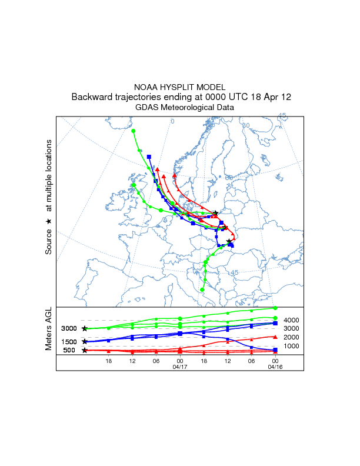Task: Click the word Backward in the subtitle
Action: point(91,97)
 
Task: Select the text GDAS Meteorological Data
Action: point(185,108)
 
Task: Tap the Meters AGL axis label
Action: point(49,330)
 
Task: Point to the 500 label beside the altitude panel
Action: point(69,351)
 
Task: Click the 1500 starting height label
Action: point(69,342)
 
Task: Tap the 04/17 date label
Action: point(180,367)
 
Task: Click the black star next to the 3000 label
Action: point(85,328)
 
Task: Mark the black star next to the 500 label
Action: point(85,351)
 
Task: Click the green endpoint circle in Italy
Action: point(202,290)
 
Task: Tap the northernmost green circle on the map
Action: point(134,131)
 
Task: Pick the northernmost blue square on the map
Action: point(149,157)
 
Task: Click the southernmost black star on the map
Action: point(229,241)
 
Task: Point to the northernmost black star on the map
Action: point(215,213)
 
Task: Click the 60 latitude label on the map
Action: point(229,178)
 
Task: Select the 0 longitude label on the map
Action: point(172,122)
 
